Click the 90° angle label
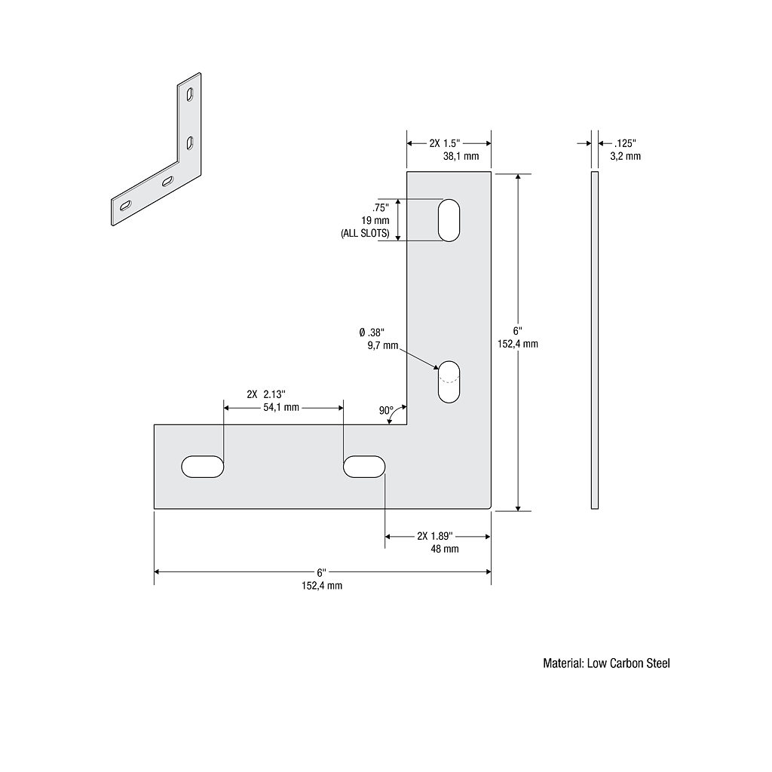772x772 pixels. coord(386,411)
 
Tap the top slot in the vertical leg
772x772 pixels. coord(449,220)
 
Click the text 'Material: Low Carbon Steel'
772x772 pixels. coord(606,663)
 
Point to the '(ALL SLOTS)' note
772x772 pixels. coord(365,234)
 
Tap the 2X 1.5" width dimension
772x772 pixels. coord(444,143)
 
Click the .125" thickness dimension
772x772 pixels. coord(625,143)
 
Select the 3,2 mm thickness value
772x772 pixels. coord(625,156)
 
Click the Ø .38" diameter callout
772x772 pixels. coord(372,332)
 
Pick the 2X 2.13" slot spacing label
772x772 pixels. coord(265,394)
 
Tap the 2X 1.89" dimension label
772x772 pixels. coord(434,536)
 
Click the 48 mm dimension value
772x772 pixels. coord(445,549)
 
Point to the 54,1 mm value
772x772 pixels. coord(280,407)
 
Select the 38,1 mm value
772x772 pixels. coord(461,156)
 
